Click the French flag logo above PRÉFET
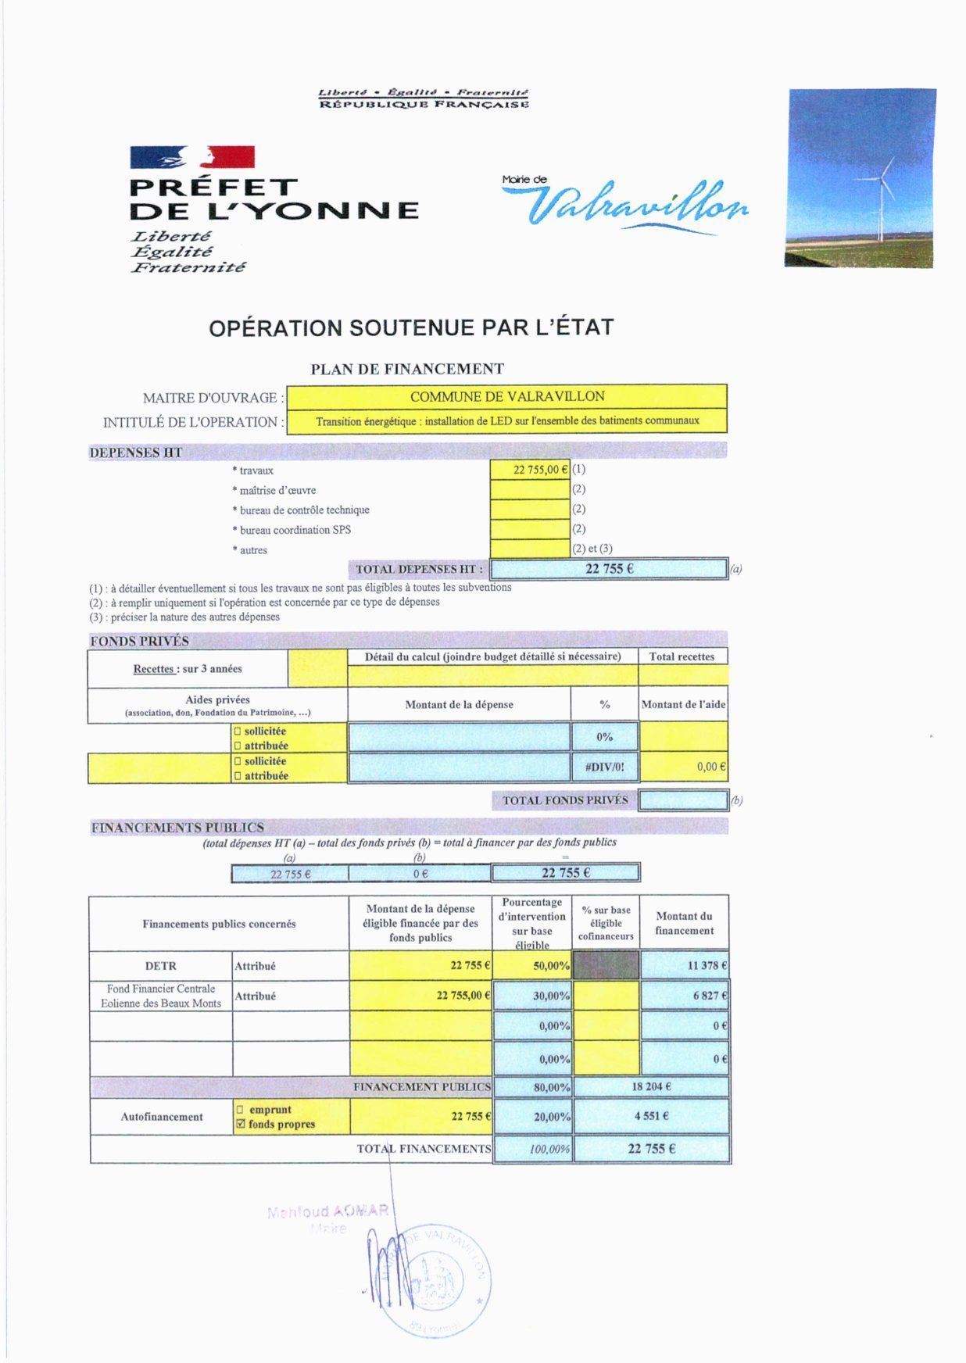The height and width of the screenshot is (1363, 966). tap(192, 157)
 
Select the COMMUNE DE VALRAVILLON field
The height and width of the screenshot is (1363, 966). tap(507, 397)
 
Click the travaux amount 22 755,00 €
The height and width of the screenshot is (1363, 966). tap(530, 470)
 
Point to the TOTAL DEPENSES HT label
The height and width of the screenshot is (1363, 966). tap(419, 570)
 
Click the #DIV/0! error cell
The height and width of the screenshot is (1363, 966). tap(605, 767)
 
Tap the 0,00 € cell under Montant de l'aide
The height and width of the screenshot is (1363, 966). tap(684, 767)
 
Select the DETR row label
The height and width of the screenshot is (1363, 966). tap(161, 966)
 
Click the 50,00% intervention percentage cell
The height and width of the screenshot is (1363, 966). tap(533, 966)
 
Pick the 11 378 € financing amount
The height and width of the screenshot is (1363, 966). tap(685, 966)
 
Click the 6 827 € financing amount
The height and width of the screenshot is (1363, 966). tap(685, 996)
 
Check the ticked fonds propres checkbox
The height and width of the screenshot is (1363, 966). tap(241, 1125)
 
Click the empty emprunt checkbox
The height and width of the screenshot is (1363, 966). tap(241, 1110)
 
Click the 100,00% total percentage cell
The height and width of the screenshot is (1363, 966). tap(533, 1150)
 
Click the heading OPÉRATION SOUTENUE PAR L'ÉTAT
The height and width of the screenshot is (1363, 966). tap(411, 327)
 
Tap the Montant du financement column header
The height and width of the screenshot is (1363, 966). tap(685, 923)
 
